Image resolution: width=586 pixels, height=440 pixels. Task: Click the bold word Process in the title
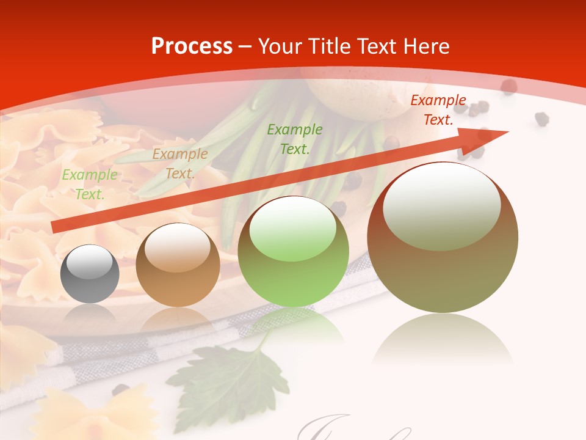pyautogui.click(x=192, y=46)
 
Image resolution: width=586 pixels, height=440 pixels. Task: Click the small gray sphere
pyautogui.click(x=90, y=274)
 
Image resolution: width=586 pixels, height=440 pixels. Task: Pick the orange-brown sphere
pyautogui.click(x=178, y=265)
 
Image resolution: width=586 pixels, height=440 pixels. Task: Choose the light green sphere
pyautogui.click(x=293, y=251)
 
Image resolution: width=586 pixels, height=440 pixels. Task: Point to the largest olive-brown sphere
pyautogui.click(x=443, y=238)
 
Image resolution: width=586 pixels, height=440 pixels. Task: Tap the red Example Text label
pyautogui.click(x=438, y=110)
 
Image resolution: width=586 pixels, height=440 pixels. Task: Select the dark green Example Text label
pyautogui.click(x=295, y=139)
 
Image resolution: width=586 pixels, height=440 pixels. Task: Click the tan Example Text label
pyautogui.click(x=180, y=164)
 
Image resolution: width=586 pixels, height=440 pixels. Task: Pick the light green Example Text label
pyautogui.click(x=90, y=185)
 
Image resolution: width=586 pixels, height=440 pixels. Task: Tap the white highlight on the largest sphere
pyautogui.click(x=441, y=207)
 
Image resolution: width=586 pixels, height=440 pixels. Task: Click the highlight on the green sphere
pyautogui.click(x=293, y=230)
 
